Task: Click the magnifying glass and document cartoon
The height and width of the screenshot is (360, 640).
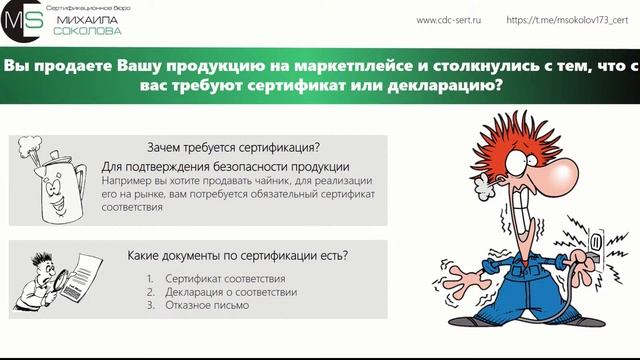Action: pos(52,278)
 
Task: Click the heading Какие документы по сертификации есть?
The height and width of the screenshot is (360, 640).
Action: pos(238,255)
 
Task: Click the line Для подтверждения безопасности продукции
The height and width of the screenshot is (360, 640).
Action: pos(225,166)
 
